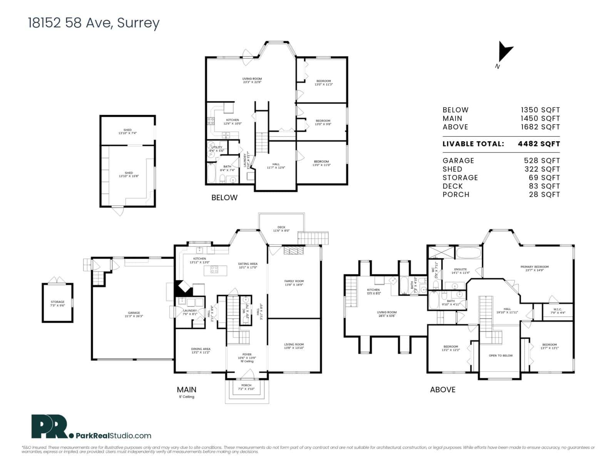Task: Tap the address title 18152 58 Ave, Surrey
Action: click(x=94, y=23)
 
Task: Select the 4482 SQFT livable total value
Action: click(x=539, y=144)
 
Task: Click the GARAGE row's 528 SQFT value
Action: click(x=542, y=161)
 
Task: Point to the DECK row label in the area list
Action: click(x=453, y=186)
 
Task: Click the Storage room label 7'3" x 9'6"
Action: click(x=58, y=304)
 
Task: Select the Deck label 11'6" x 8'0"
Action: click(x=281, y=229)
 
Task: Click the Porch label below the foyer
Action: click(x=246, y=387)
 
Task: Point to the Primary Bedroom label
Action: click(x=534, y=268)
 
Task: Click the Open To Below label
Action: click(x=500, y=355)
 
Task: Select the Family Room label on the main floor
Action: click(x=294, y=283)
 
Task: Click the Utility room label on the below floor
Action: click(x=217, y=149)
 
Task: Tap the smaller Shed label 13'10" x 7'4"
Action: click(x=127, y=132)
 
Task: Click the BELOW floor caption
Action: click(x=224, y=198)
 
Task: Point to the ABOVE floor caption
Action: click(x=443, y=390)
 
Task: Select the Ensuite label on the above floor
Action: click(x=460, y=271)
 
